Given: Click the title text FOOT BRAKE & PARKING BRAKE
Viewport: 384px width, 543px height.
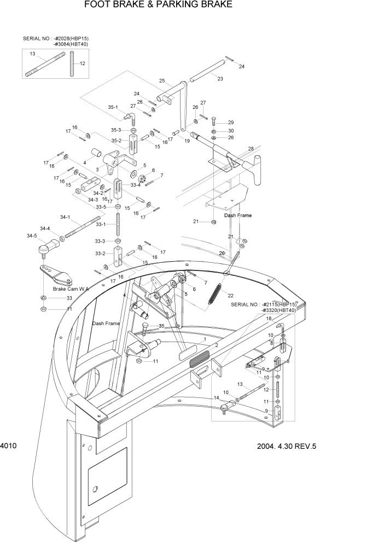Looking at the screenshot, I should (158, 4).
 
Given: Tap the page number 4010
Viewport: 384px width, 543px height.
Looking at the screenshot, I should (8, 446).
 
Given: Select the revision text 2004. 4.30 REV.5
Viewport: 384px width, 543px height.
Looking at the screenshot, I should (287, 446).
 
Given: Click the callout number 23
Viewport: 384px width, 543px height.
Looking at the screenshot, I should (220, 79).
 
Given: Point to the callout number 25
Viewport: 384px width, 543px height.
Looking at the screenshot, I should (162, 81).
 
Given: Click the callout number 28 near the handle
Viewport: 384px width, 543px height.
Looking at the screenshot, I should (251, 149).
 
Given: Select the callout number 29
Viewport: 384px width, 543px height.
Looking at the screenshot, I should (231, 122).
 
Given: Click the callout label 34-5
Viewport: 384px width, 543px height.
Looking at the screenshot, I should (32, 236).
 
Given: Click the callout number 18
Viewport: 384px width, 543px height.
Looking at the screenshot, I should (269, 318).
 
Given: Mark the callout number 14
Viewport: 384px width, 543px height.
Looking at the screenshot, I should (216, 397).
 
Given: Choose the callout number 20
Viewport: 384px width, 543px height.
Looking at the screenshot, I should (222, 253).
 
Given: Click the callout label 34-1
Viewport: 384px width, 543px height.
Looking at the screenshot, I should (65, 217).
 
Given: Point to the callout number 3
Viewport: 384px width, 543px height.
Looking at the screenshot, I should (97, 170).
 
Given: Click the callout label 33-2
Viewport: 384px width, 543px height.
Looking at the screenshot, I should (100, 253).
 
